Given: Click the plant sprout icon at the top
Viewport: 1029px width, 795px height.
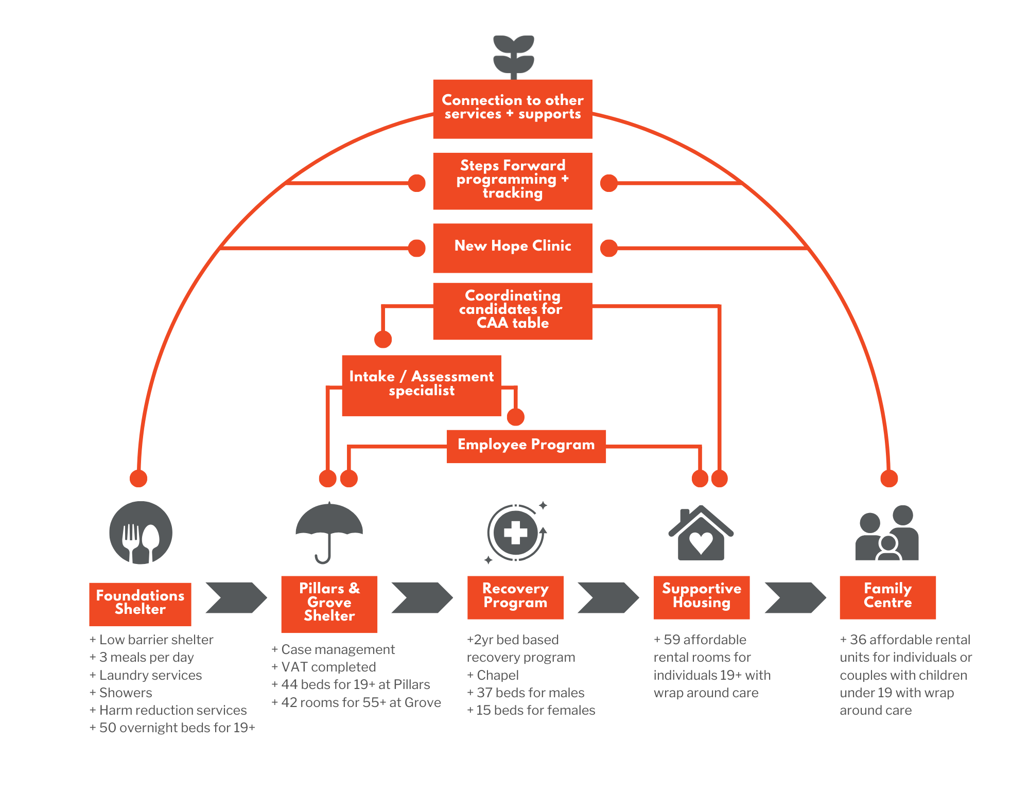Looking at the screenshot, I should tap(513, 56).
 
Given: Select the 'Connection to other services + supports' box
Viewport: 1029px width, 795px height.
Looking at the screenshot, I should tap(513, 109).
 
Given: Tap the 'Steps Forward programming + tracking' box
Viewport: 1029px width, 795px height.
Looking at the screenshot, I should tap(513, 181).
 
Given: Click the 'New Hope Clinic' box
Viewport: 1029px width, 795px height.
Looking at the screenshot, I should tap(513, 248).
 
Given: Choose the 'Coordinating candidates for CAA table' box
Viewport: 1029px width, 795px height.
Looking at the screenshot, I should tap(513, 310).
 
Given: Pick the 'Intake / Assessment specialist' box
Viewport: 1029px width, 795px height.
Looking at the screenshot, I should tap(421, 385).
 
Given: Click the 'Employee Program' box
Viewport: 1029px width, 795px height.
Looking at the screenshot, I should tap(526, 446).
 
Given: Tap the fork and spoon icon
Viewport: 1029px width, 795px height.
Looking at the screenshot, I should tap(141, 533).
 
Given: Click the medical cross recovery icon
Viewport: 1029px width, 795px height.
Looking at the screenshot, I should tap(515, 533).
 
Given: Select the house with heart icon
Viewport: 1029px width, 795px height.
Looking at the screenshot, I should tap(701, 534).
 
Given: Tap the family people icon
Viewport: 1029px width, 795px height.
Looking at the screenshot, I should tap(887, 534).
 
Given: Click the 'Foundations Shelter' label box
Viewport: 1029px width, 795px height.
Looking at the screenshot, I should tap(140, 604).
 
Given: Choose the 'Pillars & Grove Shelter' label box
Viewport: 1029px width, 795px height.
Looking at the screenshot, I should tap(329, 604).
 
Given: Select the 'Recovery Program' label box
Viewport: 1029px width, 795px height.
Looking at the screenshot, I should tap(515, 597).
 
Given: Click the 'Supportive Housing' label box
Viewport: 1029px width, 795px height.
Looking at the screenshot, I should tap(701, 597).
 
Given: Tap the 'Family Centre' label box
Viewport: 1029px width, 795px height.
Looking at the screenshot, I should tap(887, 597).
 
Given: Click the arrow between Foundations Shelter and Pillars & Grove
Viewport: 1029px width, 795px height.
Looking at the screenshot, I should tap(236, 597).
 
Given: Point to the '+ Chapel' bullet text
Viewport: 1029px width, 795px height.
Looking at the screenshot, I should tap(493, 675).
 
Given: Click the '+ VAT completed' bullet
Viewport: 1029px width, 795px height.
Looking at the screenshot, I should tap(324, 667).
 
